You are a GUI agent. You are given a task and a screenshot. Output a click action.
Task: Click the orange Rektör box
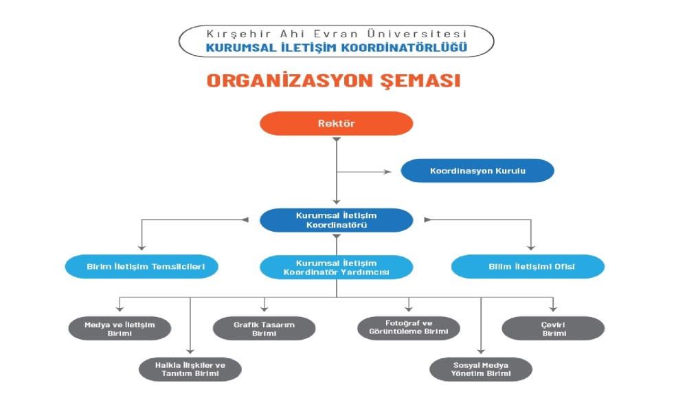(x=336, y=124)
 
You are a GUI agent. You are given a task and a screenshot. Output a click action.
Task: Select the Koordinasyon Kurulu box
(x=477, y=171)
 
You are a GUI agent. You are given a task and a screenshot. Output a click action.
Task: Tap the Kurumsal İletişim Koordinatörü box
(x=336, y=220)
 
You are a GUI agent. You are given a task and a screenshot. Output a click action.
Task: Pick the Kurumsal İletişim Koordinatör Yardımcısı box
(x=336, y=267)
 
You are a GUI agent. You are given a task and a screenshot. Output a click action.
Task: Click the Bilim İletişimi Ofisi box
(x=528, y=266)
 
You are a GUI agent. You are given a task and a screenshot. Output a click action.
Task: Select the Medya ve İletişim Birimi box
(x=120, y=328)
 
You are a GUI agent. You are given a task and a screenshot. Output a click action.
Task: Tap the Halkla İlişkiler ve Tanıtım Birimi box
(x=190, y=369)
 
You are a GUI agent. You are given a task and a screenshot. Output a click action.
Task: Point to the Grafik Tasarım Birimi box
(x=264, y=328)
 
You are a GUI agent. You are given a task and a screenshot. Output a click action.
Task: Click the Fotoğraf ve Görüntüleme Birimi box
(x=409, y=328)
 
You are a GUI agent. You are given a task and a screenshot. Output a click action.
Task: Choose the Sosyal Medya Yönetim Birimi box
(x=481, y=369)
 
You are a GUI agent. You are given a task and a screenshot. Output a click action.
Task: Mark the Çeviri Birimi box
(x=554, y=328)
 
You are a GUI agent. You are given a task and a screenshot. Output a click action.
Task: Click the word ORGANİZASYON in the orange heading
(x=281, y=80)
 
